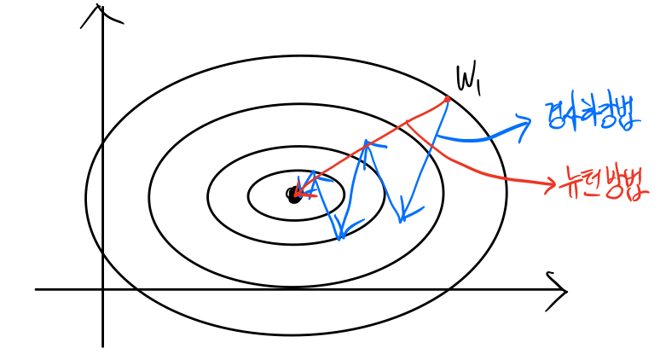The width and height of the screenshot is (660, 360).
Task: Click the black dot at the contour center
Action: click(x=294, y=195)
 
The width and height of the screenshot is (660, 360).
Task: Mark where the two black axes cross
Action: click(x=102, y=289)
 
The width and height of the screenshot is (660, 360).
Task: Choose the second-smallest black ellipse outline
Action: click(x=207, y=196)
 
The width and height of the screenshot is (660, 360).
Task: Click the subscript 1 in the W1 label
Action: click(x=479, y=85)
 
